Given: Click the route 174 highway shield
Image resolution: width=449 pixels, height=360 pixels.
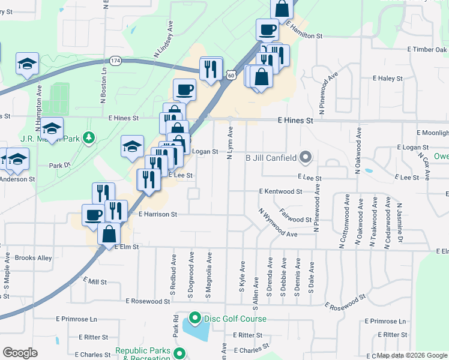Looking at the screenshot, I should pyautogui.click(x=116, y=61).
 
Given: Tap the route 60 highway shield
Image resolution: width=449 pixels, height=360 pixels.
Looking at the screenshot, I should pyautogui.click(x=231, y=74).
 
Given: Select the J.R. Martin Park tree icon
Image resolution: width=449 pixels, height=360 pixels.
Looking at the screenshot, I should pyautogui.click(x=89, y=138).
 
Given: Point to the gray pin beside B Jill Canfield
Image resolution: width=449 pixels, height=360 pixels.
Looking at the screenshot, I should pyautogui.click(x=306, y=158).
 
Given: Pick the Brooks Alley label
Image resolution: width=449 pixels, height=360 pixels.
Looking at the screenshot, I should pyautogui.click(x=33, y=258).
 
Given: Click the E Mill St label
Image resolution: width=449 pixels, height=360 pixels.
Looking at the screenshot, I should pyautogui.click(x=95, y=281).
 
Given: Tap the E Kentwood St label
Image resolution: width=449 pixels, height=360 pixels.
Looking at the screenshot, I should pyautogui.click(x=280, y=191).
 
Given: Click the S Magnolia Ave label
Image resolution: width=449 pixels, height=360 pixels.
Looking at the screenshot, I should pyautogui.click(x=209, y=275).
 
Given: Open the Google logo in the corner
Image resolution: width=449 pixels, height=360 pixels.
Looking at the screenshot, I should pyautogui.click(x=20, y=353).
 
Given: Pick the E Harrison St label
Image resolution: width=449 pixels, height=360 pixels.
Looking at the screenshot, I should pyautogui.click(x=158, y=214).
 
